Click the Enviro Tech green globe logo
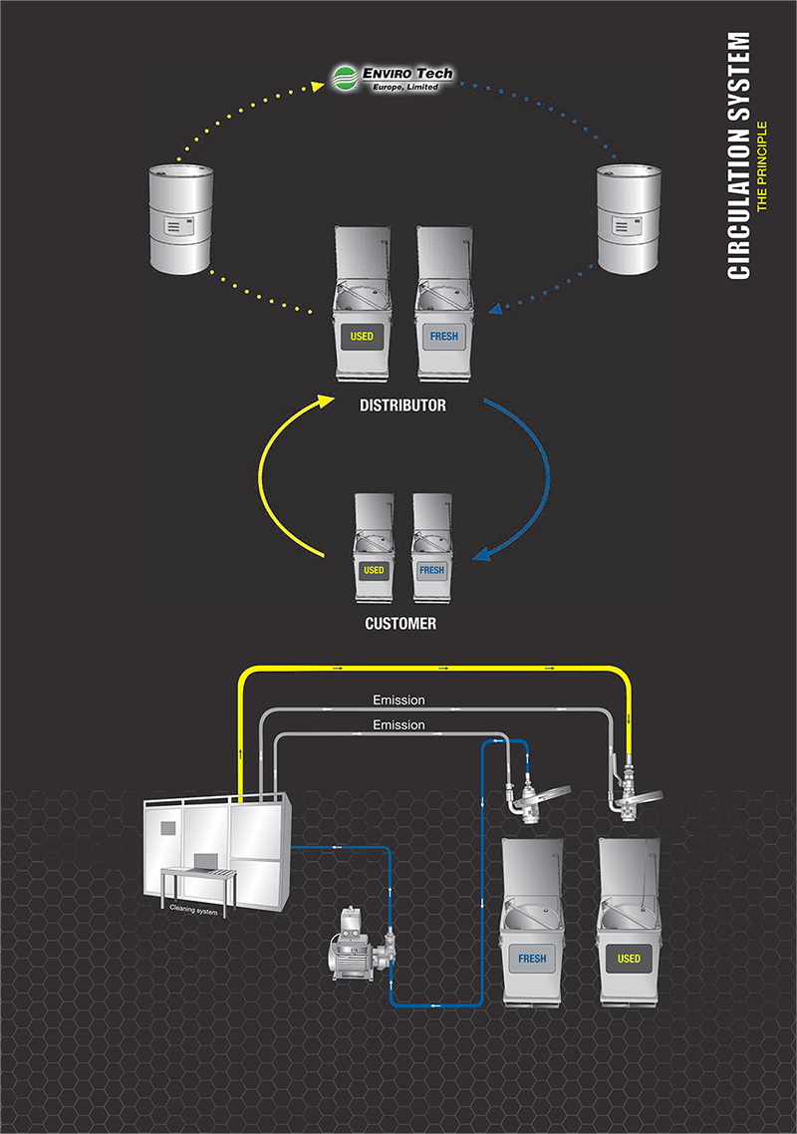coord(345,78)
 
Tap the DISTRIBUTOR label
coord(402,405)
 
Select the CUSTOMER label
coord(400,624)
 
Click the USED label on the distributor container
coord(362,336)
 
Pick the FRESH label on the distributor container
coord(444,336)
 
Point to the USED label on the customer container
coord(374,570)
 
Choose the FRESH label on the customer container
coord(431,570)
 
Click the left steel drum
coord(180,219)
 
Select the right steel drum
coord(629,218)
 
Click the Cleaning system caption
coord(193,910)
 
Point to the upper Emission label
coord(398,701)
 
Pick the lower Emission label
coord(398,724)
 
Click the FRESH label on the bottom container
coord(532,959)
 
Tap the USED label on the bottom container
coord(629,959)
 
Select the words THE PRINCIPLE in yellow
coord(761,166)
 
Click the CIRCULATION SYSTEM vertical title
coord(738,155)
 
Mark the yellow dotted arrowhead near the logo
coord(318,86)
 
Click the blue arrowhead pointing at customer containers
coord(481,555)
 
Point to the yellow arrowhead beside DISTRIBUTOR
coord(326,400)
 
